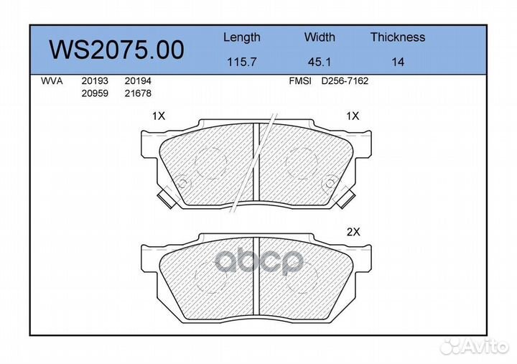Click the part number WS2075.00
click(116, 50)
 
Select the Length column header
click(242, 37)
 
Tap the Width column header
click(320, 37)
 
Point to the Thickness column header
click(398, 37)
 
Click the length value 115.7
click(242, 62)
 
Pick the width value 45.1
click(319, 62)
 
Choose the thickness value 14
click(398, 62)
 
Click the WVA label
click(52, 81)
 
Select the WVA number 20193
click(95, 81)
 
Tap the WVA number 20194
click(138, 81)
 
